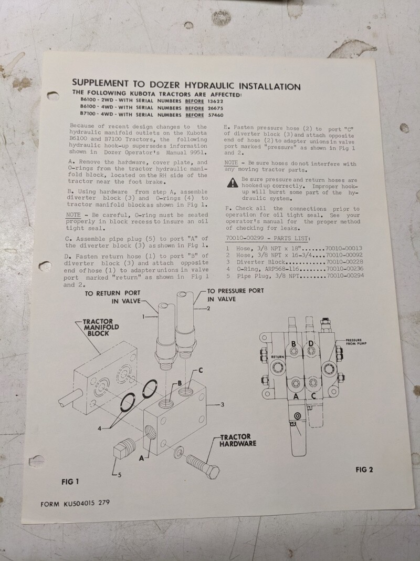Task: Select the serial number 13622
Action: (x=215, y=101)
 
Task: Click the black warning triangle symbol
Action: (x=233, y=183)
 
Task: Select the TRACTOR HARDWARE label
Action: (x=238, y=440)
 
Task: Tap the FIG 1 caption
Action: (x=70, y=482)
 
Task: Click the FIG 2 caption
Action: (x=364, y=470)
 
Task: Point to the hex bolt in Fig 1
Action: (x=203, y=466)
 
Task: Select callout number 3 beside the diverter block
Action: (x=222, y=405)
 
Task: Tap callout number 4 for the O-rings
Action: (x=100, y=429)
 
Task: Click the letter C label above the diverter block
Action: (x=201, y=370)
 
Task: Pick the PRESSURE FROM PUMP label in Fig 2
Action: (x=356, y=342)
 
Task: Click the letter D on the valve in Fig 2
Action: (x=311, y=343)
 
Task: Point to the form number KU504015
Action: (x=79, y=504)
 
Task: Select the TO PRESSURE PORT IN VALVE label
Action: (x=235, y=295)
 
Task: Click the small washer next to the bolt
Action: (x=178, y=452)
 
